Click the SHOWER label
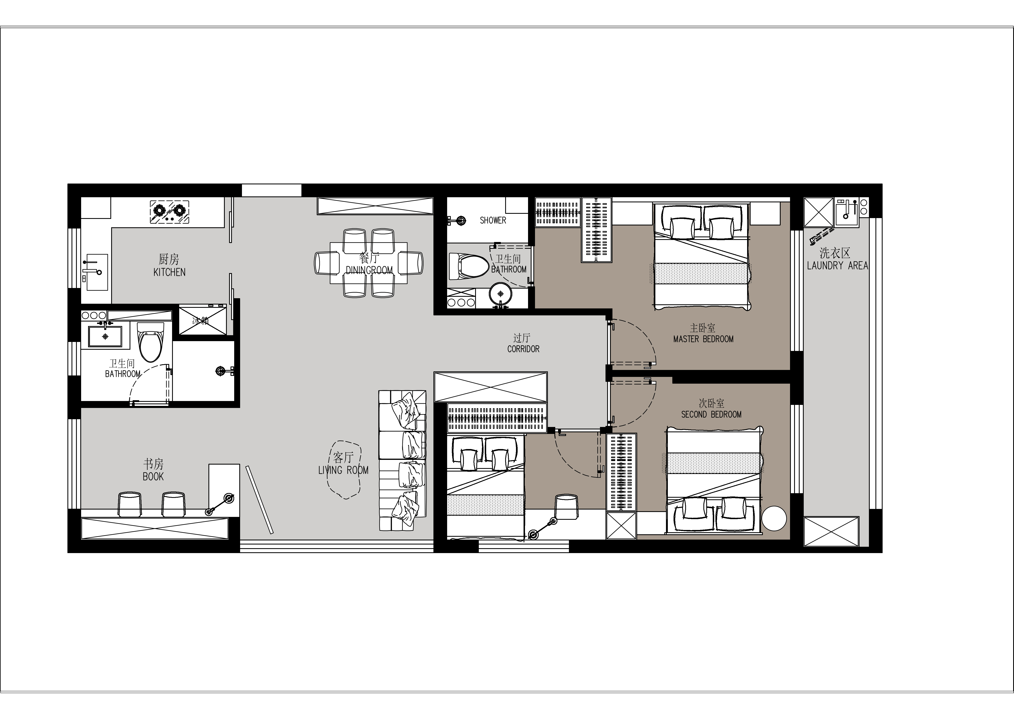tap(493, 220)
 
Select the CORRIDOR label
tap(523, 349)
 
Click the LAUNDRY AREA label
tap(837, 266)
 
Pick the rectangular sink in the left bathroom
tap(105, 336)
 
